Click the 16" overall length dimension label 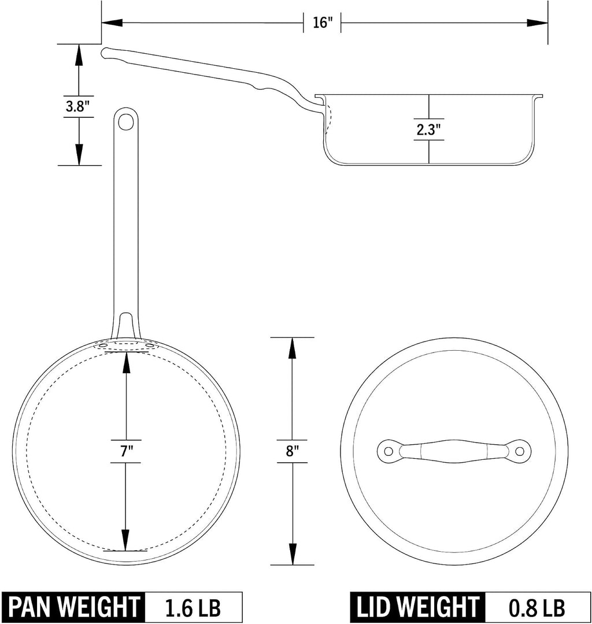pos(322,23)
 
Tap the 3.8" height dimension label pos(77,106)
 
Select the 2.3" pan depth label pos(428,129)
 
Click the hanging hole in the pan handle pos(127,121)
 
